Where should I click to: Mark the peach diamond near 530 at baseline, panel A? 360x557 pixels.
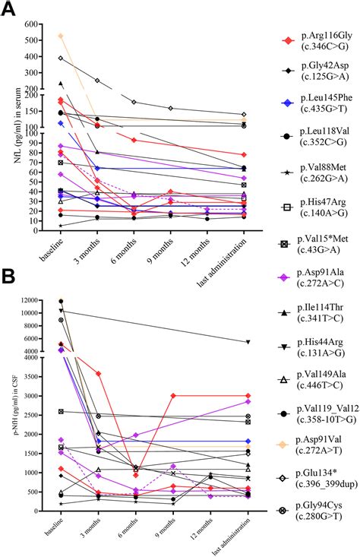click(61, 36)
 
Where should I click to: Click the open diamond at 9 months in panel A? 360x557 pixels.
click(171, 108)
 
